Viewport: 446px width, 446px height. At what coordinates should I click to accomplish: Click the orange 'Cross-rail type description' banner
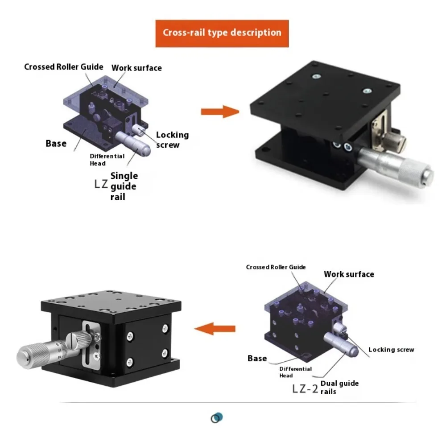[222, 33]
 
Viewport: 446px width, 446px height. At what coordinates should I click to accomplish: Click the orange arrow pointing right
[220, 111]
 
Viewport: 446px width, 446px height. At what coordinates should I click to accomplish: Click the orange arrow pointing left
[215, 329]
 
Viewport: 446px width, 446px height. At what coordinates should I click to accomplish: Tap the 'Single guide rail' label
[124, 186]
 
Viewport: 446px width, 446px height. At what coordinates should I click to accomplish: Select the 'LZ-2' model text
[305, 388]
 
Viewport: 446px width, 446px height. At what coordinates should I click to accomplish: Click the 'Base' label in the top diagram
[56, 144]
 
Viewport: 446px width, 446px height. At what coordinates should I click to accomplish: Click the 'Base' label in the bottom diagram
[257, 358]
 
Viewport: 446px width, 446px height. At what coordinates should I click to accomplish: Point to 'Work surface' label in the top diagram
[136, 68]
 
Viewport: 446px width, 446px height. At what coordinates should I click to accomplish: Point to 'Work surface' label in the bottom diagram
[349, 274]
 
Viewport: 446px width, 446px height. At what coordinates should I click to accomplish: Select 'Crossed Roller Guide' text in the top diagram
[64, 67]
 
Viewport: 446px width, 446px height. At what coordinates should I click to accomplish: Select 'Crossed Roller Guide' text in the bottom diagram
[276, 267]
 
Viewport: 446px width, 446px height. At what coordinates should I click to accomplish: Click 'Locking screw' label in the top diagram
[172, 140]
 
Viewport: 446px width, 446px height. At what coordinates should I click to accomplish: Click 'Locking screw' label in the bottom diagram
[391, 350]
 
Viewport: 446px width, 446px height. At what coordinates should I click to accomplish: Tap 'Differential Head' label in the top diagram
[107, 160]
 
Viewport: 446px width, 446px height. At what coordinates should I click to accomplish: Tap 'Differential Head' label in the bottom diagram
[295, 372]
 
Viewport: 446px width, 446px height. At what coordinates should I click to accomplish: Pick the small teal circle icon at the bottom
[216, 418]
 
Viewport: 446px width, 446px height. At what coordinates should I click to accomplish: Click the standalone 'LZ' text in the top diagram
[100, 184]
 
